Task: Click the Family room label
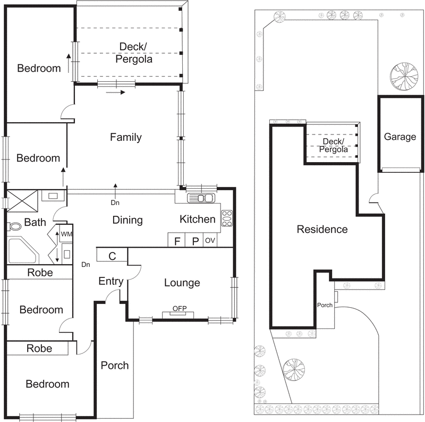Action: (126, 137)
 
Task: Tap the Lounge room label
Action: (182, 283)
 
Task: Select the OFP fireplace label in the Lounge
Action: (179, 308)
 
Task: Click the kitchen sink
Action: (201, 198)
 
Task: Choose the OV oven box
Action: (210, 241)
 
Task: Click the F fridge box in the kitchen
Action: (176, 241)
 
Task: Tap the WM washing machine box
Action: (66, 234)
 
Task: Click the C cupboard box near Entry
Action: (112, 256)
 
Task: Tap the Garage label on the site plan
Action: (400, 137)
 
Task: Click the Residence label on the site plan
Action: (322, 230)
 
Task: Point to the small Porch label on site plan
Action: (325, 306)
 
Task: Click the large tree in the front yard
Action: (294, 369)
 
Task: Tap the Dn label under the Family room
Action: (115, 202)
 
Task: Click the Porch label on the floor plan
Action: (115, 365)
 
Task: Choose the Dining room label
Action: (127, 220)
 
